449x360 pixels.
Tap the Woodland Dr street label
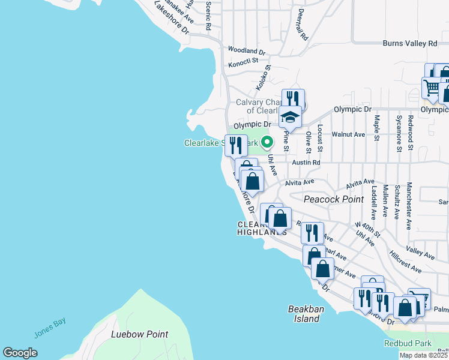pos(246,51)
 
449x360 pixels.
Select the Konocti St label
pos(243,61)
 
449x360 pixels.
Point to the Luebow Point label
pos(139,334)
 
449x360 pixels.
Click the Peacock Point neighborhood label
pos(330,199)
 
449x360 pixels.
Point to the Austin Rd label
pos(306,163)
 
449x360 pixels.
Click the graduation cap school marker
pos(291,117)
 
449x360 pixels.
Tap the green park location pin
pos(268,142)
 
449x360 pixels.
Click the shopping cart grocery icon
pos(431,88)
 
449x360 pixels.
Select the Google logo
pos(20,353)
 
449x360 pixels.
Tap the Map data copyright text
pos(424,355)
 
